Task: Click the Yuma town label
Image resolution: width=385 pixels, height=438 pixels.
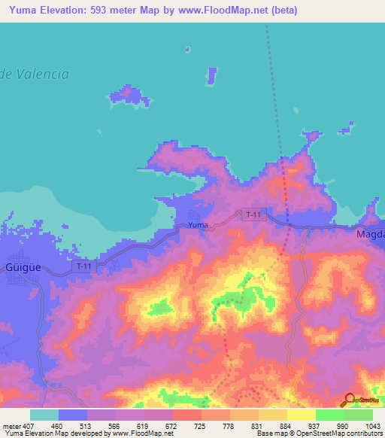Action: (x=198, y=225)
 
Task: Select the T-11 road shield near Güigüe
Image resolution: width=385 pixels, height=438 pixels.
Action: (x=84, y=266)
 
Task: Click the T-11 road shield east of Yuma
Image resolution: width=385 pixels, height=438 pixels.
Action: (x=254, y=214)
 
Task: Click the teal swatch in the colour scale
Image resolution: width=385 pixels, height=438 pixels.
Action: (x=44, y=415)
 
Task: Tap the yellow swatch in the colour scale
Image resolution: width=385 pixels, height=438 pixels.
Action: (x=302, y=415)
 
